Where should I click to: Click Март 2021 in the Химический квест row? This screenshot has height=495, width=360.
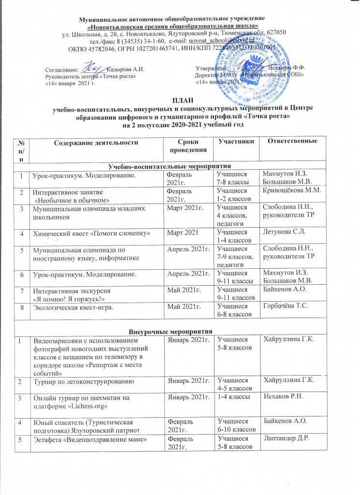click(183, 234)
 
